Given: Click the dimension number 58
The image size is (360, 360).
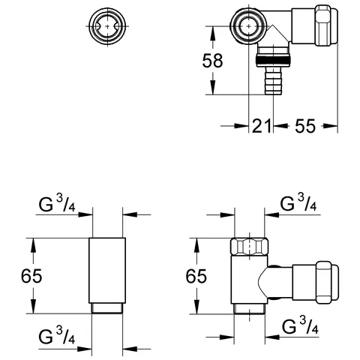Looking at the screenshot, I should (214, 61).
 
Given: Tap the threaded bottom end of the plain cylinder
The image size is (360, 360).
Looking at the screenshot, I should (108, 307).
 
